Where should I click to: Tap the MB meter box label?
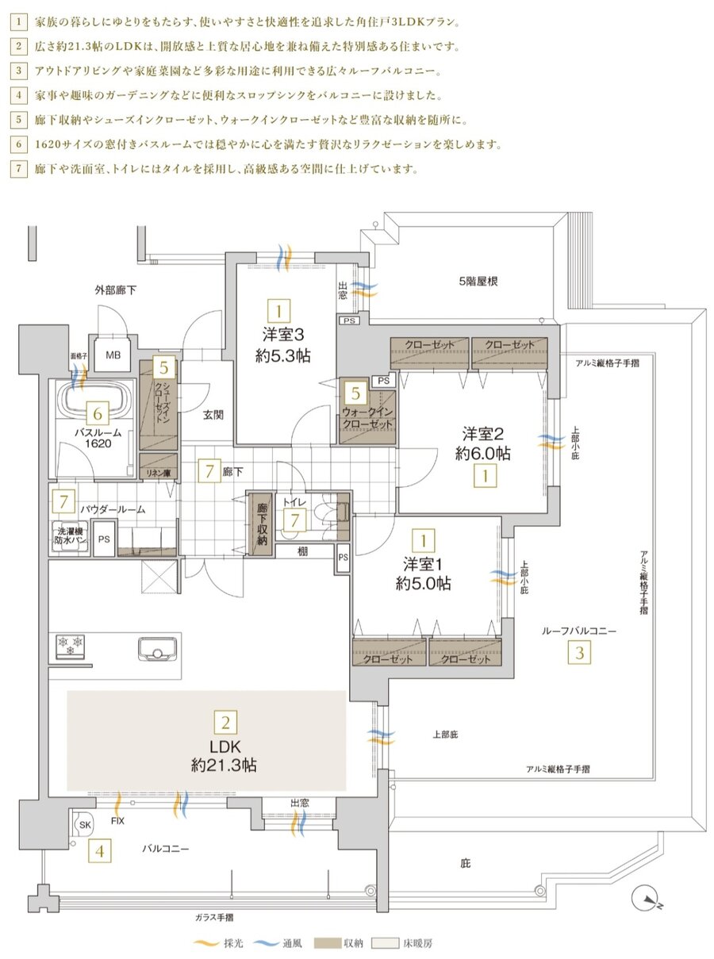[113, 355]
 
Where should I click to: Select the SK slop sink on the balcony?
[84, 826]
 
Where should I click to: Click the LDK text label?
[225, 746]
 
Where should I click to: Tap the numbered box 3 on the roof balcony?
[580, 654]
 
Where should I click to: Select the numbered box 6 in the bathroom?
[97, 413]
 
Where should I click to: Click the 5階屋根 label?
[478, 281]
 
